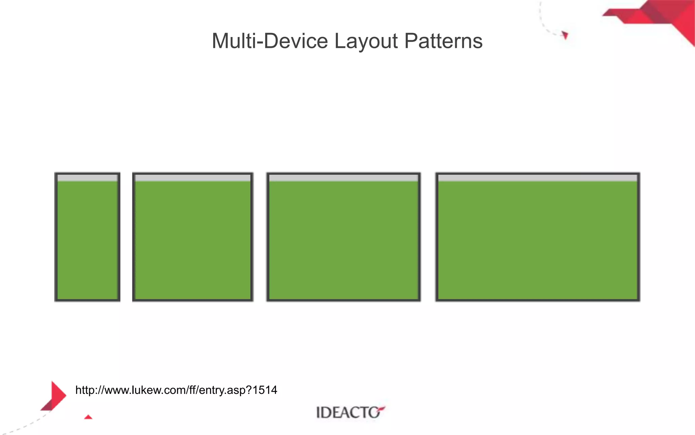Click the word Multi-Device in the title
tap(270, 41)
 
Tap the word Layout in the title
tap(366, 41)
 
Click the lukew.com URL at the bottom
tap(176, 390)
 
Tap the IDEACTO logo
tap(350, 412)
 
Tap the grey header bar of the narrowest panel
tap(87, 178)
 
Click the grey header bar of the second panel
tap(193, 178)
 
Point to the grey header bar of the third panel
tap(343, 178)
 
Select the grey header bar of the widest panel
tap(538, 178)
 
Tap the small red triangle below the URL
tap(88, 417)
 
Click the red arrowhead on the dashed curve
tap(565, 35)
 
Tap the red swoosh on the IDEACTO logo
tap(381, 408)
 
